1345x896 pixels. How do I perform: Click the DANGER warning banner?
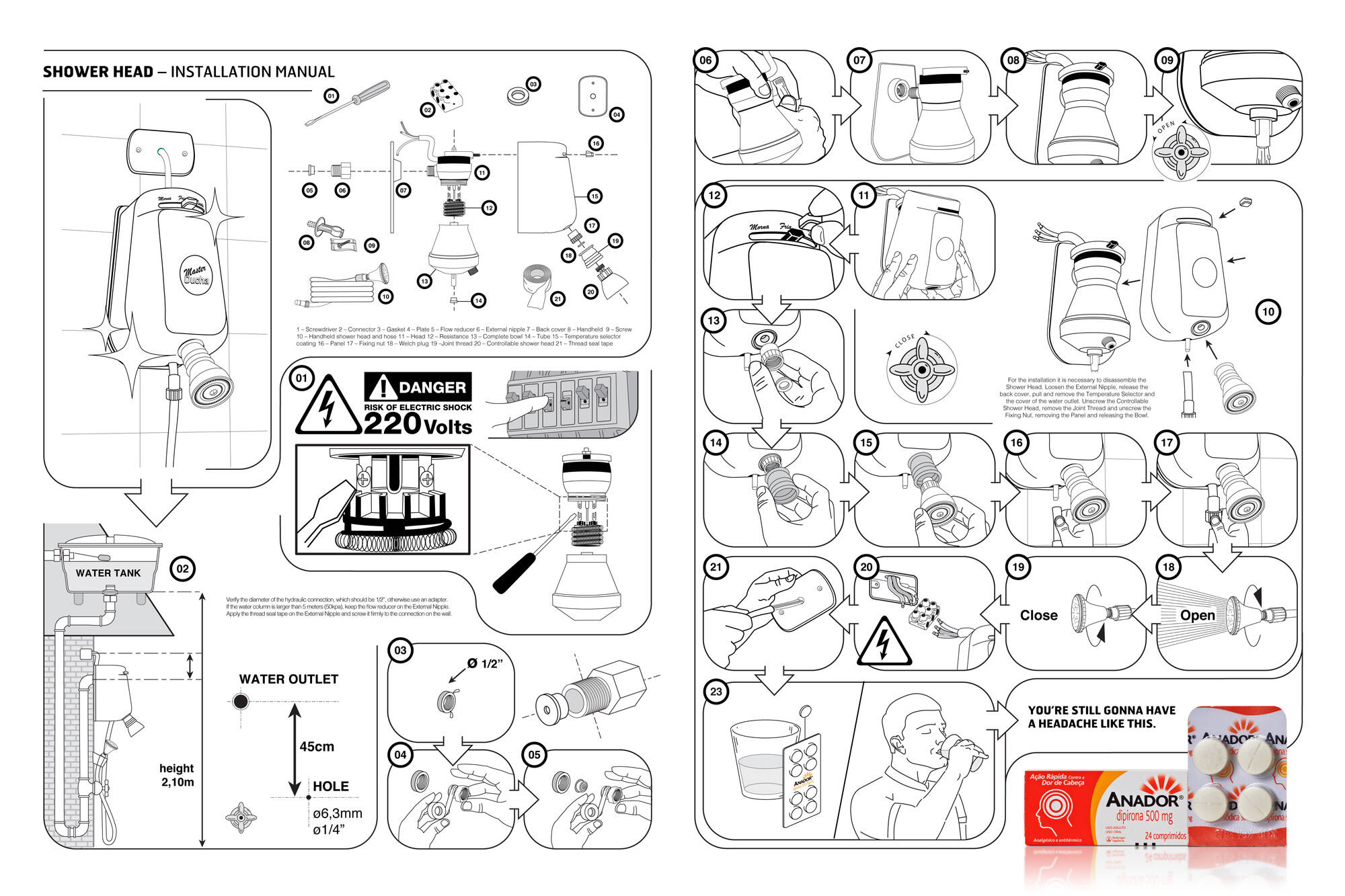pos(418,387)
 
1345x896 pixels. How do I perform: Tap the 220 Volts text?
pos(418,424)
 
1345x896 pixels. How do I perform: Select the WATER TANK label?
pos(108,573)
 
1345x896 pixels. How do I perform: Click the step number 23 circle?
pos(716,692)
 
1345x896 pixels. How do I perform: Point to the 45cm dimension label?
pos(317,747)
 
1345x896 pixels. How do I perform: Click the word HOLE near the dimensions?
pos(330,786)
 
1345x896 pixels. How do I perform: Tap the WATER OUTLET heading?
pos(289,680)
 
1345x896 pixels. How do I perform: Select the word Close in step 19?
pos(1038,615)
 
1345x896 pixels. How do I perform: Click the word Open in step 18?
pos(1197,615)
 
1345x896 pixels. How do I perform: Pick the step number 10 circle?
pos(1268,312)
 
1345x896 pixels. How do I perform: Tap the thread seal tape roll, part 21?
pos(537,282)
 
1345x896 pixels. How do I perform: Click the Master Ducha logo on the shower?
pos(196,274)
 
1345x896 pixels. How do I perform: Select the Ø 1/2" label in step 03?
pos(485,664)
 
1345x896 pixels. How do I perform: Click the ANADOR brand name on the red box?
pos(1143,800)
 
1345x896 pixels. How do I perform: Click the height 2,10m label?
pos(176,775)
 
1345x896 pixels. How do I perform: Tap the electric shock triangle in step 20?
pos(884,642)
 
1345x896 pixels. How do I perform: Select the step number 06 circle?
pos(705,60)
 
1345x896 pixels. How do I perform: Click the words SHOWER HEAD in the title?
pos(98,72)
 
